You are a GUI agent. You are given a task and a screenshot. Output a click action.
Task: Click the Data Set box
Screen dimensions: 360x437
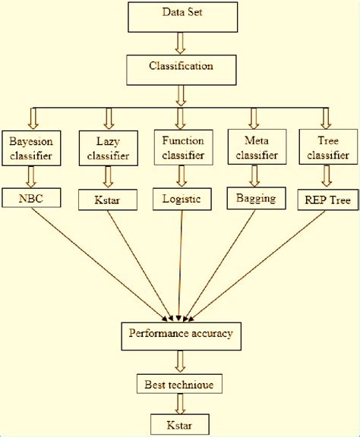pos(183,17)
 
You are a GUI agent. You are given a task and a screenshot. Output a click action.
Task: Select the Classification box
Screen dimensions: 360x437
pos(182,70)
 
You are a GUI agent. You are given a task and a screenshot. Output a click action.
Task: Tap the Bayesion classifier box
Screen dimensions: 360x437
pos(31,148)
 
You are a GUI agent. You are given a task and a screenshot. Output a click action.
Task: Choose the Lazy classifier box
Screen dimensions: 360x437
pos(109,148)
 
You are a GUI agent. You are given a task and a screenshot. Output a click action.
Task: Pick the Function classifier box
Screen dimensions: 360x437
pos(183,147)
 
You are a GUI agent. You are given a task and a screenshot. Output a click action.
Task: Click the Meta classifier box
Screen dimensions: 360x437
pos(257,147)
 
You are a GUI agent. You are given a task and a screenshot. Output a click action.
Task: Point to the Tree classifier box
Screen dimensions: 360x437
pos(328,147)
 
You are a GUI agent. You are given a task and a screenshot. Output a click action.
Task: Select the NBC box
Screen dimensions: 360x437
pos(31,198)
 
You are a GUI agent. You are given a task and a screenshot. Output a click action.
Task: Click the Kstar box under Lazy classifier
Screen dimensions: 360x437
pos(108,200)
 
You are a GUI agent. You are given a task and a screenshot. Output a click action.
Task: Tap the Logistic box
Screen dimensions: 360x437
pos(182,199)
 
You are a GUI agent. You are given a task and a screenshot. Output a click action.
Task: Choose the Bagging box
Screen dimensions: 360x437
pos(256,198)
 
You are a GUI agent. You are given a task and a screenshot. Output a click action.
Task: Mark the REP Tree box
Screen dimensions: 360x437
pos(328,200)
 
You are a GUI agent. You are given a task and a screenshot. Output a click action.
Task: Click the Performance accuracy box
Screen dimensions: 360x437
pos(181,336)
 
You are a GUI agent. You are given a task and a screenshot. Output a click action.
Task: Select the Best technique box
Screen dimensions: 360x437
pos(179,384)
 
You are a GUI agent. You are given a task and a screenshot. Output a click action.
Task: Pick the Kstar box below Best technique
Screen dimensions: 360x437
pos(180,424)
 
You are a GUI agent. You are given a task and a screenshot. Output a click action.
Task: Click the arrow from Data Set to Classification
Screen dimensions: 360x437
pos(180,43)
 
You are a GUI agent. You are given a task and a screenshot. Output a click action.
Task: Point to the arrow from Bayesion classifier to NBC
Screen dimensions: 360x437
pos(31,177)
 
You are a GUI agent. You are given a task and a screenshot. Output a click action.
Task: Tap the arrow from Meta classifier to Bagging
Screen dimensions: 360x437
pos(254,175)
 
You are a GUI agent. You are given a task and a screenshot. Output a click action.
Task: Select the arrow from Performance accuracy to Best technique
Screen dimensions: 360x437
pos(180,361)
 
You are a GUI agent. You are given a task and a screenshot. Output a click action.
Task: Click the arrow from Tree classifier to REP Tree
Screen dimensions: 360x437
pos(327,175)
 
